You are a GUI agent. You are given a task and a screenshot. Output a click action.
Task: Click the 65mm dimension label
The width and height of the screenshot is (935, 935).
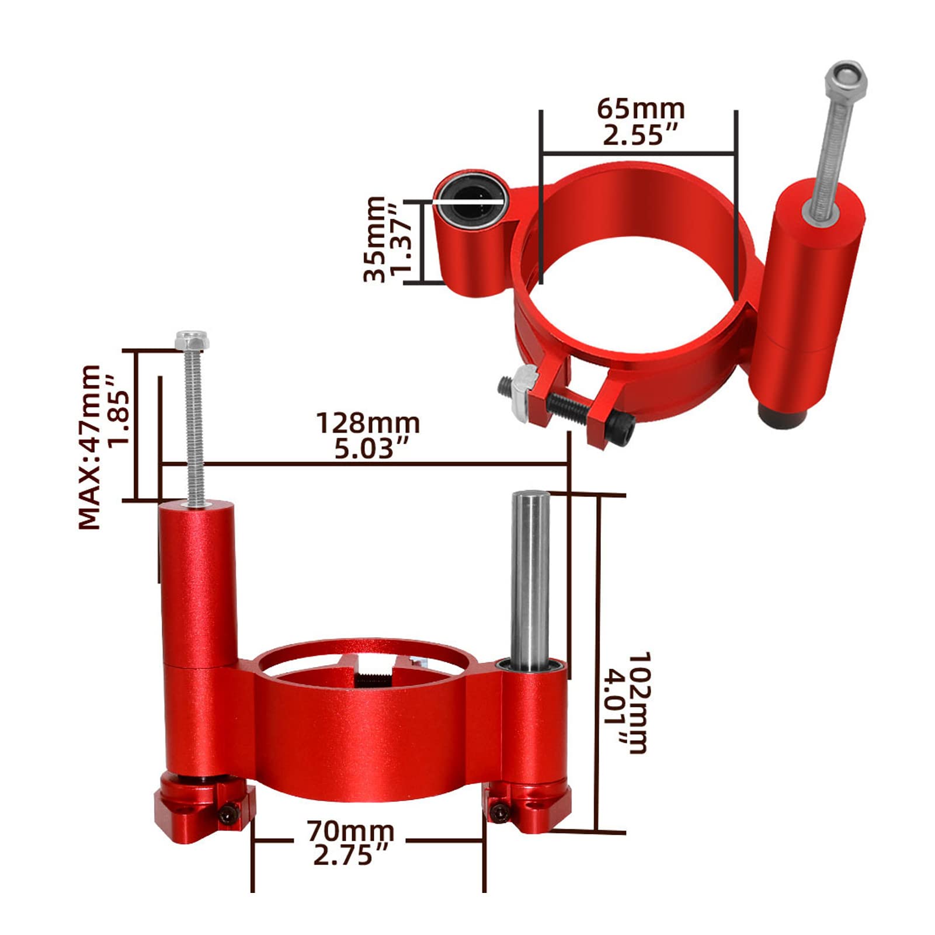[x=641, y=109]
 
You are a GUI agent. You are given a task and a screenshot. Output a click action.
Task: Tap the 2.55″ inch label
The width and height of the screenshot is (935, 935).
[x=640, y=135]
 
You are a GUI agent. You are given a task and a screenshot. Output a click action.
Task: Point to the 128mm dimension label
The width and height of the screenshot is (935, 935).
[x=368, y=423]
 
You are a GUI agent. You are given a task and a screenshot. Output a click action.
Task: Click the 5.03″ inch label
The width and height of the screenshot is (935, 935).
[x=371, y=449]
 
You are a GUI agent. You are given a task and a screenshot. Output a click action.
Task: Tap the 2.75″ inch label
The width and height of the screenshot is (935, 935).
[x=350, y=856]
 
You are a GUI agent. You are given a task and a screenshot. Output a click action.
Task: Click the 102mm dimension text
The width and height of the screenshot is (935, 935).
[x=638, y=703]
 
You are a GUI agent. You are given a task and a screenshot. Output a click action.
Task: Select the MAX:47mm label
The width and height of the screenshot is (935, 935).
[x=89, y=447]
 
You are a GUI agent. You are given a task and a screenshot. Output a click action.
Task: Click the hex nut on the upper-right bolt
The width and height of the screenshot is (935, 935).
[x=846, y=78]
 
